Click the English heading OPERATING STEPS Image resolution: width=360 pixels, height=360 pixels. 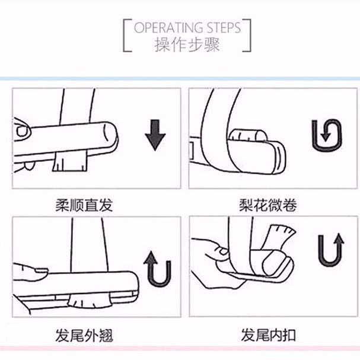(x=187, y=28)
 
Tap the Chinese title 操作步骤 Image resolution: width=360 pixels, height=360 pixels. (x=187, y=44)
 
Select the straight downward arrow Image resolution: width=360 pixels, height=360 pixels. (x=155, y=135)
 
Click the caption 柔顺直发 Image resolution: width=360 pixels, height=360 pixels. (x=84, y=205)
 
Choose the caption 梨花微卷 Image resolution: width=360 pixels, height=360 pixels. (x=268, y=205)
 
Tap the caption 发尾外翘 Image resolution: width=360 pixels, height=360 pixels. (x=84, y=336)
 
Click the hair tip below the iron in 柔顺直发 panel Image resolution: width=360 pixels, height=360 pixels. (x=70, y=162)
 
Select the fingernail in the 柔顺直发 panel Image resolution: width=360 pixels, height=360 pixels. (x=23, y=131)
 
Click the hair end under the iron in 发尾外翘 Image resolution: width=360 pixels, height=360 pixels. (x=90, y=300)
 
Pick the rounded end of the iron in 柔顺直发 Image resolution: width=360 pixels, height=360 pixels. (x=111, y=135)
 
